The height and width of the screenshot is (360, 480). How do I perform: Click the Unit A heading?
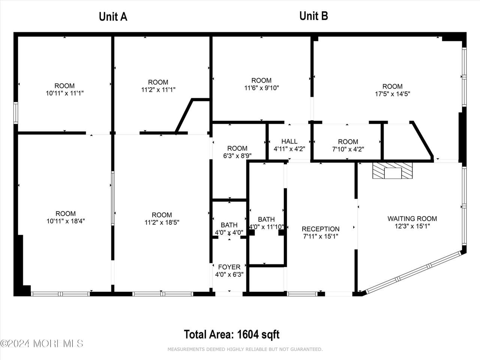[x=113, y=17]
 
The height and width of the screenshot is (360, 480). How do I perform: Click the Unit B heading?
[x=313, y=16]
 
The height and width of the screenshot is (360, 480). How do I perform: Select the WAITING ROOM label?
[x=412, y=219]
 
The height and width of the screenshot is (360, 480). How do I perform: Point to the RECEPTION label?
[x=321, y=229]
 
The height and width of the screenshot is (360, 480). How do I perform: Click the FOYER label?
[x=229, y=267]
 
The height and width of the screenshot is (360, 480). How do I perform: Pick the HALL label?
[x=289, y=141]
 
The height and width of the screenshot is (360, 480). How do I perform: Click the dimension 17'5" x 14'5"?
[x=393, y=94]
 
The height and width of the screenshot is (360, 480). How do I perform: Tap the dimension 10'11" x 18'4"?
[x=66, y=221]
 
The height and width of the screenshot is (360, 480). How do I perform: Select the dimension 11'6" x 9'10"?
[x=261, y=88]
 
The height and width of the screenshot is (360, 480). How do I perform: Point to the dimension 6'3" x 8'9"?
[x=237, y=156]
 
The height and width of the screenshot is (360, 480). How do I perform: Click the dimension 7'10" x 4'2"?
[x=348, y=149]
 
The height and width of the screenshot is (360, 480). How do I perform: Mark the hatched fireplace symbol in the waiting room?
[x=393, y=171]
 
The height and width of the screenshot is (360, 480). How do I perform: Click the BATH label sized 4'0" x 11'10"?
[x=266, y=219]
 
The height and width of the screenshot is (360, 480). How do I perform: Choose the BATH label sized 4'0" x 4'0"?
[x=229, y=225]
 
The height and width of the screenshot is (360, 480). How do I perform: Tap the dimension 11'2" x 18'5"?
[x=162, y=222]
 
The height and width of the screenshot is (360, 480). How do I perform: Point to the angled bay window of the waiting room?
[x=414, y=272]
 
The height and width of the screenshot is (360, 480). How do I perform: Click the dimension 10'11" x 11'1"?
[x=65, y=93]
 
